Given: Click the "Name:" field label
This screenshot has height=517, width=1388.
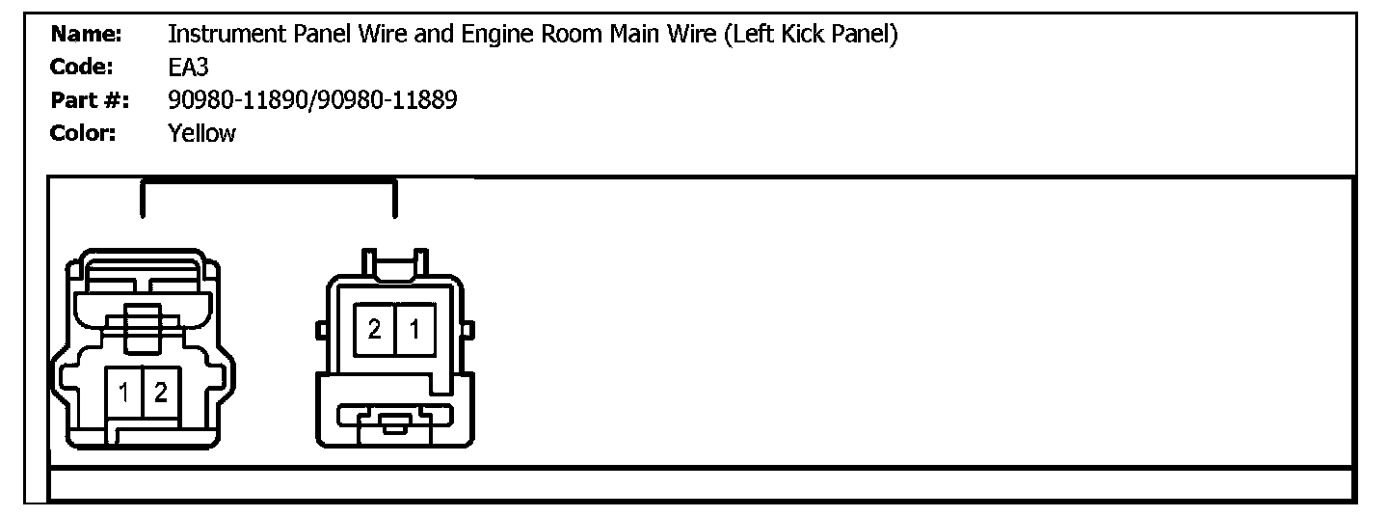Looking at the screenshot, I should (x=86, y=35).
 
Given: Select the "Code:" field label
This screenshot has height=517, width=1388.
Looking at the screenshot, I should (x=83, y=68).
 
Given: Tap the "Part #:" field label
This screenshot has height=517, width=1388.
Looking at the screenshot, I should (x=89, y=100).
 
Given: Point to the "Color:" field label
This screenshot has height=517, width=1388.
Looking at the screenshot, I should (x=83, y=133).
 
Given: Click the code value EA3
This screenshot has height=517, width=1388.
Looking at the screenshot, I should (x=189, y=68).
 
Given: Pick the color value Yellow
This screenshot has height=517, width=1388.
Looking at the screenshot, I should (x=201, y=133).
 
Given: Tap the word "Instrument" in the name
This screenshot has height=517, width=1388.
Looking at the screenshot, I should (x=226, y=35).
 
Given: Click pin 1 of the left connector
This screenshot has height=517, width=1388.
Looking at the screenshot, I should (x=124, y=394).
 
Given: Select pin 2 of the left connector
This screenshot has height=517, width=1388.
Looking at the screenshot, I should (x=160, y=394).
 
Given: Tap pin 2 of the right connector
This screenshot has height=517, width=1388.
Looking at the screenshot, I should (x=374, y=330).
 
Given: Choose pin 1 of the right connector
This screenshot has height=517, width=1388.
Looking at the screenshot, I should (x=414, y=330).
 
